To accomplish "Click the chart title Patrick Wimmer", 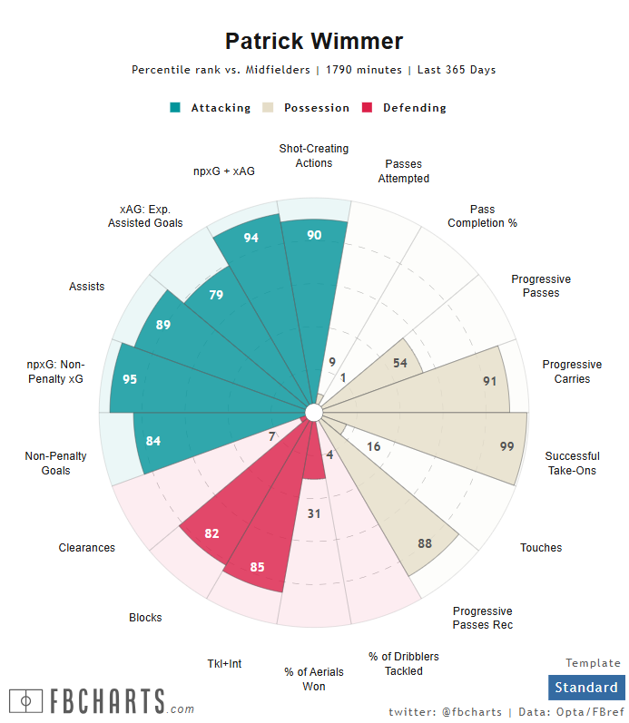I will click(x=314, y=41).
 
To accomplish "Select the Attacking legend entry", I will click(x=211, y=108).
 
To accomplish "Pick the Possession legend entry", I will click(x=307, y=108).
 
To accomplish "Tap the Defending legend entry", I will click(x=405, y=108).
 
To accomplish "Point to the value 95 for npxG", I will click(x=130, y=379).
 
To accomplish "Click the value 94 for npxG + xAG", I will click(x=252, y=238).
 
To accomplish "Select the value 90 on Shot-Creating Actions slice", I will click(x=314, y=235).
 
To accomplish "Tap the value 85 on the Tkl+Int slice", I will click(x=258, y=568).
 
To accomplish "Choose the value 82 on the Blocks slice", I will click(x=211, y=533).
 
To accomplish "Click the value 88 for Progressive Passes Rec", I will click(x=425, y=543).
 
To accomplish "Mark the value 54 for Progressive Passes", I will click(x=399, y=363).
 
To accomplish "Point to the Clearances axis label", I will click(x=87, y=548).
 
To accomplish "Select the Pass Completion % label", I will click(x=482, y=217).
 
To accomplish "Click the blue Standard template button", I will click(x=586, y=688).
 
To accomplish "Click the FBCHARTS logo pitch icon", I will click(x=25, y=701).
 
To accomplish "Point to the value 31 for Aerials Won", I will click(x=314, y=514).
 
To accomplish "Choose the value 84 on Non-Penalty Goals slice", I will click(x=152, y=442).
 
